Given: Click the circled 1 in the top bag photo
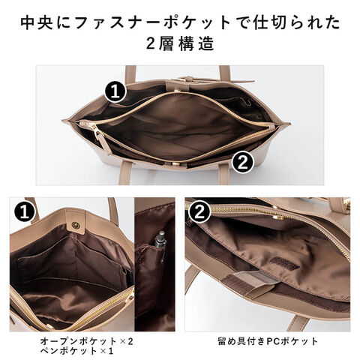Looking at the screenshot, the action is click(x=115, y=92).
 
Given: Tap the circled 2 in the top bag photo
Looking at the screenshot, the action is click(x=242, y=163).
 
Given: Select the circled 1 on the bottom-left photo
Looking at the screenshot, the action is click(x=24, y=212).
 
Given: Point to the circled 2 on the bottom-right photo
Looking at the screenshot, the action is click(x=199, y=212).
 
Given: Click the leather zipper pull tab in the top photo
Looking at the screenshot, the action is click(x=100, y=139).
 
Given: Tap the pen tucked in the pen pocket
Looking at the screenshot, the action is click(x=160, y=247).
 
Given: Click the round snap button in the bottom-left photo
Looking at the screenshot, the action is click(x=75, y=225).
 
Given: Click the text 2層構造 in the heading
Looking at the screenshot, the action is click(x=180, y=43).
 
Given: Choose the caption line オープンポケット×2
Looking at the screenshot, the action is click(x=86, y=341).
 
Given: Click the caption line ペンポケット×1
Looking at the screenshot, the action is click(x=76, y=351).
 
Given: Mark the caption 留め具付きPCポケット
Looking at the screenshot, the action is click(x=268, y=341).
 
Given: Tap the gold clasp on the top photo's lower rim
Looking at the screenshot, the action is click(x=177, y=163).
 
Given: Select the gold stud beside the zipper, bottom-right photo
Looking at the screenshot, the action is click(x=279, y=217).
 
